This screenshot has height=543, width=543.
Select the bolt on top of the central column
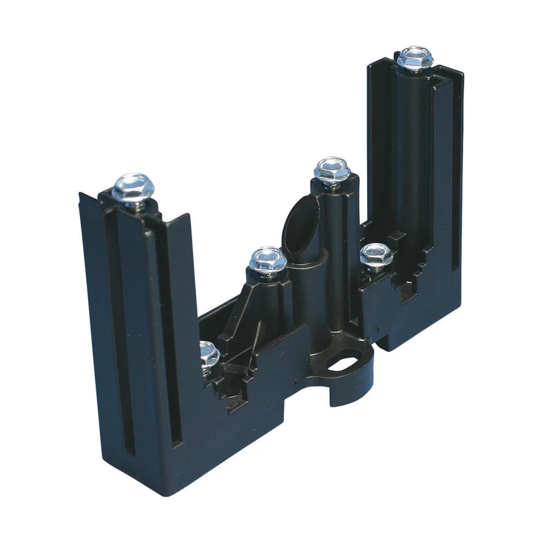(x=332, y=169)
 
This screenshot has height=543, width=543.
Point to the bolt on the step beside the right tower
(x=376, y=254)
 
